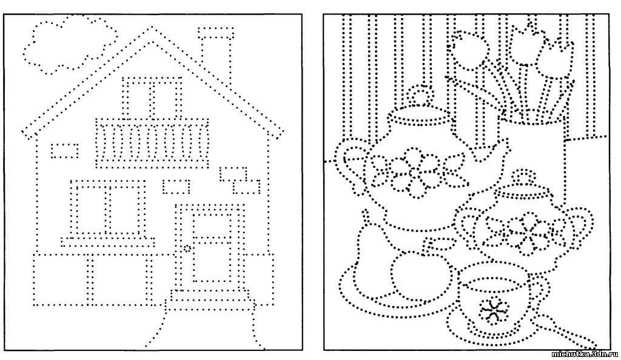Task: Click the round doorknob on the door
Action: point(187,248)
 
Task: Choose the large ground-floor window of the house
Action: point(109,210)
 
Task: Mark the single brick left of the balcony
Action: point(64,150)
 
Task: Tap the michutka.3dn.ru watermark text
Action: point(585,353)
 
